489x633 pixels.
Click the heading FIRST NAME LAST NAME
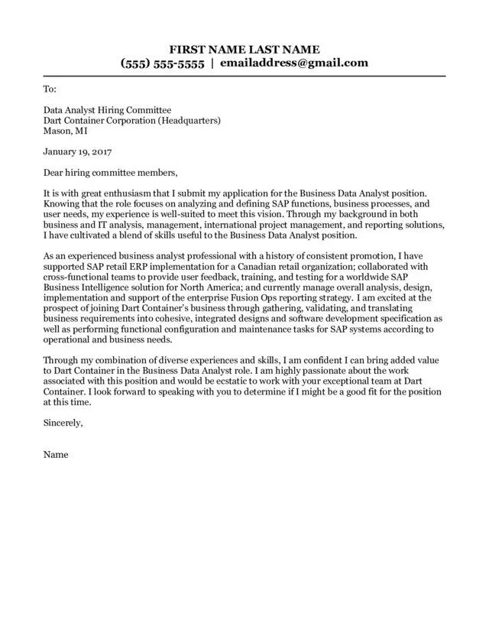(244, 48)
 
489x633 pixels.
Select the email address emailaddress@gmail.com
(294, 63)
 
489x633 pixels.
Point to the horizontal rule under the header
(244, 76)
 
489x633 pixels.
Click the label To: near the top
(50, 89)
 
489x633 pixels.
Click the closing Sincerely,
(63, 422)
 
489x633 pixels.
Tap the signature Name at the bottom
(56, 455)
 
